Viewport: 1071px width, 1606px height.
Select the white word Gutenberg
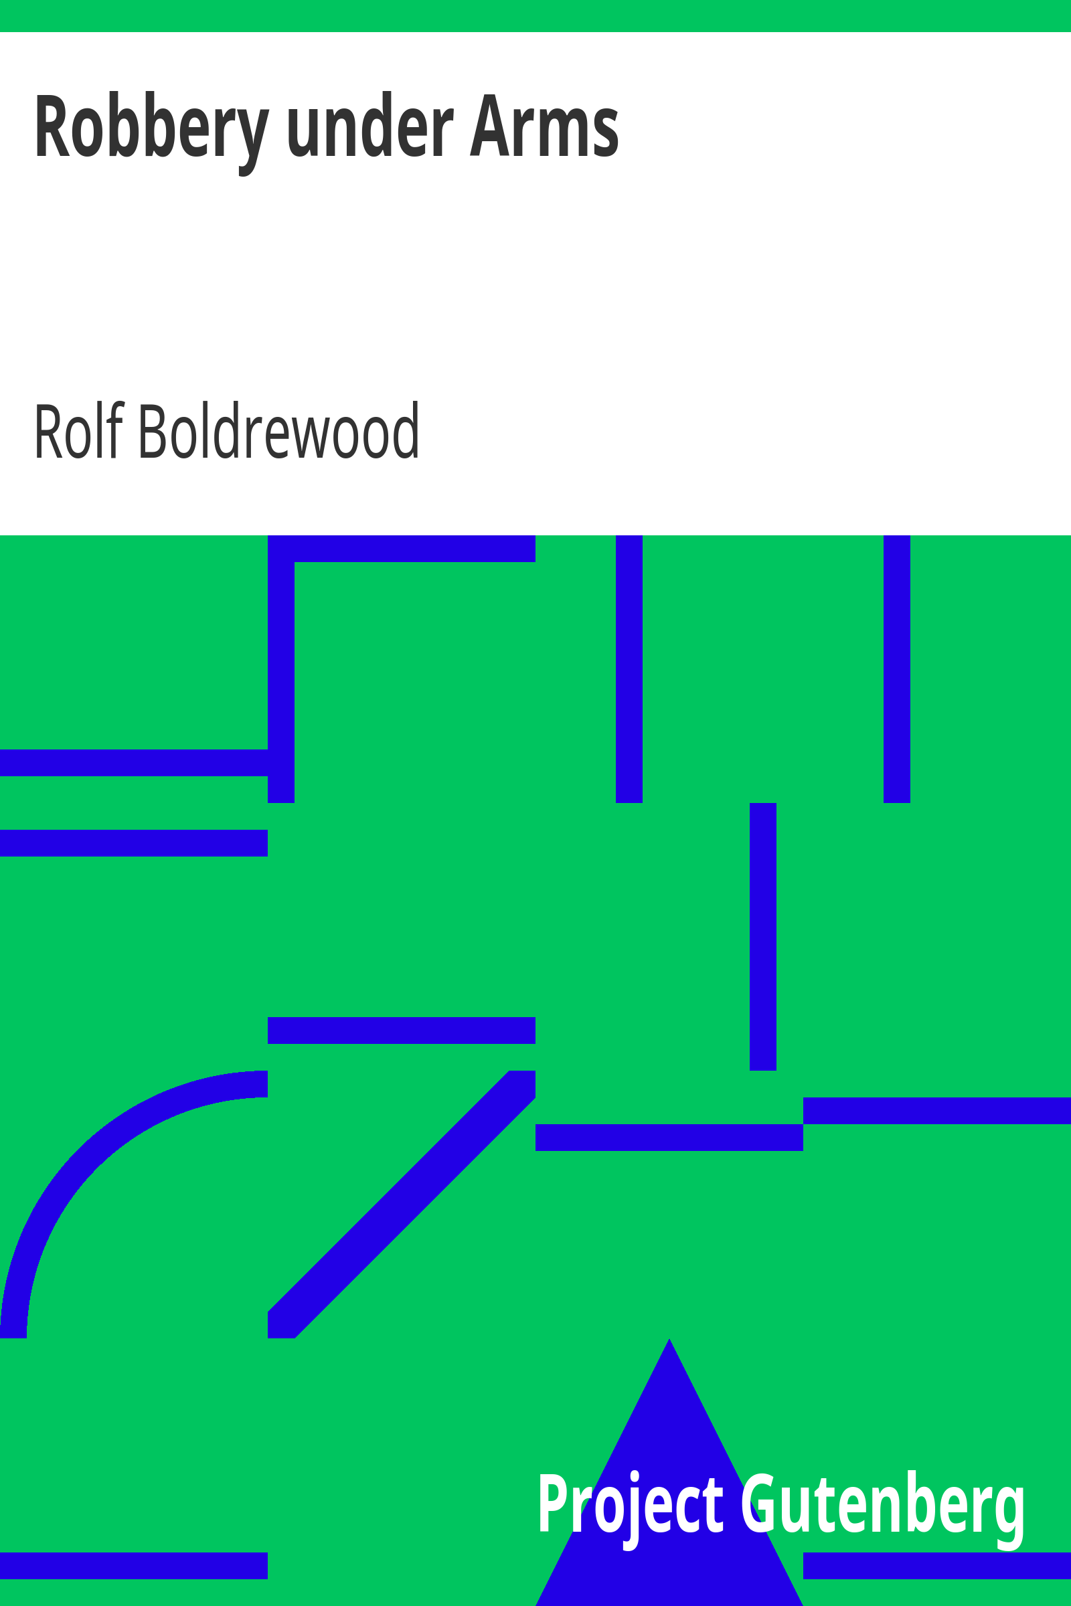click(x=882, y=1504)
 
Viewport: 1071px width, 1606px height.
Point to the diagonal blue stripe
click(x=402, y=1204)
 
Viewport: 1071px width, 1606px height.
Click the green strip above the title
click(x=535, y=15)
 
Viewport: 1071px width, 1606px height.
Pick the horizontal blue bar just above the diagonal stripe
click(x=402, y=1031)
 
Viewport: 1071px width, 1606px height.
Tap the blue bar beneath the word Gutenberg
click(x=937, y=1566)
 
